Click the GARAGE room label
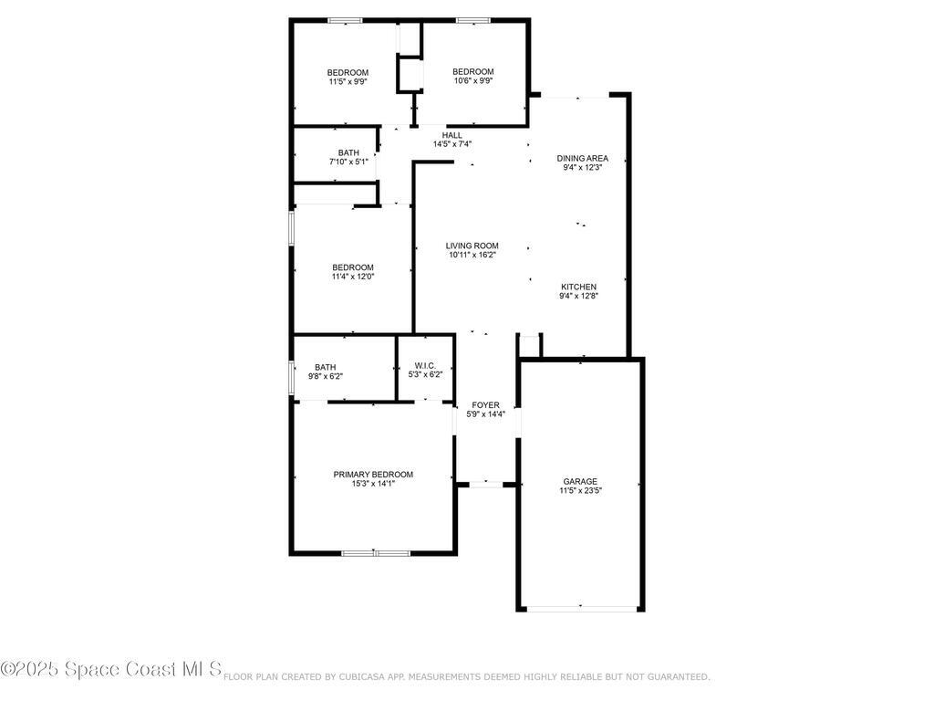tap(580, 481)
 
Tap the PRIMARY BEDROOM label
tap(373, 474)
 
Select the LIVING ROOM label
tap(472, 246)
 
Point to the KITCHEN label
tap(578, 287)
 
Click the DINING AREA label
tap(582, 158)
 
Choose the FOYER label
tap(485, 404)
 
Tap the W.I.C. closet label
tap(425, 365)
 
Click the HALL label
tap(451, 135)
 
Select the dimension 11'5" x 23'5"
tap(580, 491)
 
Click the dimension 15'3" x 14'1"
tap(373, 484)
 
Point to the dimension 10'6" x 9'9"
tap(472, 81)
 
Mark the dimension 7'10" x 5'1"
tap(348, 162)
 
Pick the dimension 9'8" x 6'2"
tap(326, 377)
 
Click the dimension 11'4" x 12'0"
tap(352, 277)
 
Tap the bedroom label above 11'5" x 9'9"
tap(348, 73)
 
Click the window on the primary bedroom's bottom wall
tap(375, 552)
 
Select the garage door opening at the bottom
tap(580, 608)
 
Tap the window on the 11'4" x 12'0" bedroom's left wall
tap(292, 228)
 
